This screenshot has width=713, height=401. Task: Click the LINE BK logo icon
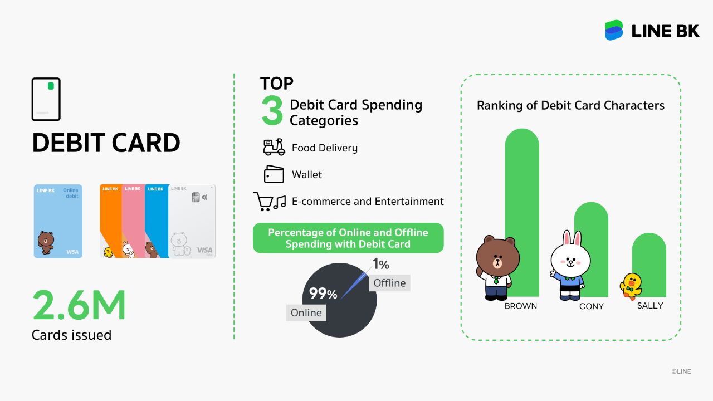(x=614, y=30)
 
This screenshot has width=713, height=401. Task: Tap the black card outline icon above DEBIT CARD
(x=46, y=99)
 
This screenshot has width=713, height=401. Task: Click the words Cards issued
(x=72, y=335)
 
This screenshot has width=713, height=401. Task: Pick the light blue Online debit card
(x=58, y=221)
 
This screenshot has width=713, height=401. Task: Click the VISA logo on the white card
(x=204, y=250)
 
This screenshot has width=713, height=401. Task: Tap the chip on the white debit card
(x=196, y=197)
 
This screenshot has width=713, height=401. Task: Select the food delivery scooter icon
(x=274, y=147)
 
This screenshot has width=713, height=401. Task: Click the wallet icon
(x=274, y=174)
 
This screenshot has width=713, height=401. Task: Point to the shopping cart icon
(x=263, y=201)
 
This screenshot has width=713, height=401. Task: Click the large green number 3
(x=272, y=111)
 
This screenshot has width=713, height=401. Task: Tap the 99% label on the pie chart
(x=323, y=293)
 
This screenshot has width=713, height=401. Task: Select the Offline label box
(x=389, y=283)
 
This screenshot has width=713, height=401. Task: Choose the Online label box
(x=306, y=312)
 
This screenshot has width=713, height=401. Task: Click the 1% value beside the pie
(x=380, y=264)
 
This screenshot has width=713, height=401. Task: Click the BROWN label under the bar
(x=521, y=306)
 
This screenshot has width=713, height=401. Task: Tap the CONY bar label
(x=592, y=306)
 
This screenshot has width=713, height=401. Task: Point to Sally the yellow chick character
(x=631, y=286)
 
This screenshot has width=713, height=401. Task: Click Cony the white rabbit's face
(x=570, y=260)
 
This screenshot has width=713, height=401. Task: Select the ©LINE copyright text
(x=681, y=371)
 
